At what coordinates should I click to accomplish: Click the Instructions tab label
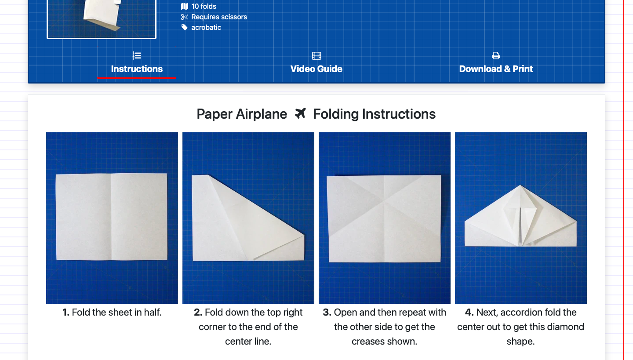[x=137, y=69]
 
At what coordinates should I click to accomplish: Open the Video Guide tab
[x=316, y=69]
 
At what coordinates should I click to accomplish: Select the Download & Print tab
[x=496, y=69]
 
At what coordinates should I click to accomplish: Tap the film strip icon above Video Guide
[x=316, y=56]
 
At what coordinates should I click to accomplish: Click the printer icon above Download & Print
[x=496, y=56]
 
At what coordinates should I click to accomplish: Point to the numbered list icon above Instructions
[x=137, y=56]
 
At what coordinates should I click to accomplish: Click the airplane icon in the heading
[x=300, y=113]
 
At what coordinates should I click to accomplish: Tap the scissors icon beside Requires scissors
[x=185, y=17]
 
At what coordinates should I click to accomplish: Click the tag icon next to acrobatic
[x=184, y=27]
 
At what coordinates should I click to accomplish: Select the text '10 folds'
[x=204, y=6]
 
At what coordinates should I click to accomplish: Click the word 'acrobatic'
[x=206, y=27]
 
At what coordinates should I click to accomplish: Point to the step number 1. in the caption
[x=66, y=312]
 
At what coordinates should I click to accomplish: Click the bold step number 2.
[x=198, y=312]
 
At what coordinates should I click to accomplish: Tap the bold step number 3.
[x=327, y=312]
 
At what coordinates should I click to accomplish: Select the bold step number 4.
[x=469, y=312]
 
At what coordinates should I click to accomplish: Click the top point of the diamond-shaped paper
[x=520, y=185]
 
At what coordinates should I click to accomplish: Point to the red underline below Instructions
[x=137, y=78]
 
